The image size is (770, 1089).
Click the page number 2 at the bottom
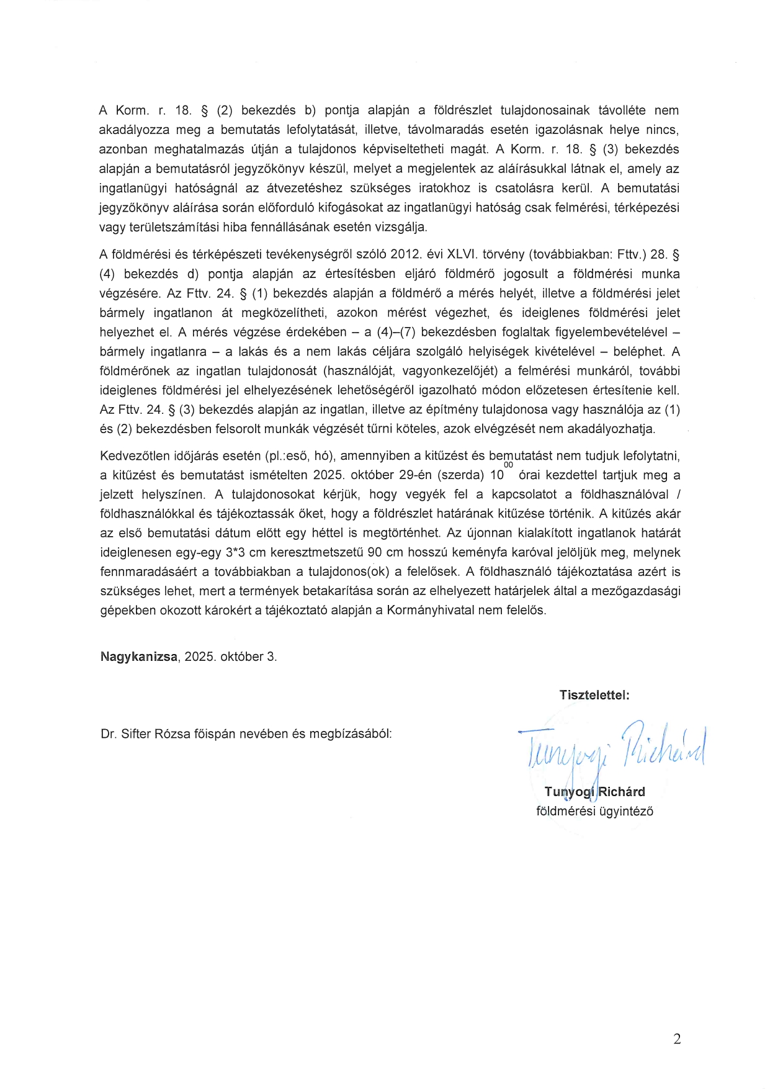676,1039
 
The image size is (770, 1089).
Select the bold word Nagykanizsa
138,657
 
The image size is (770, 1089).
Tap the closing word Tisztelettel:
594,695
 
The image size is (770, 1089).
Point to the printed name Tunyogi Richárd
594,792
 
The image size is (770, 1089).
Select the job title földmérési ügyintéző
594,811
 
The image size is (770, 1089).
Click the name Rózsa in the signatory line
172,734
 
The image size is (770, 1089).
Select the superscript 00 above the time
509,465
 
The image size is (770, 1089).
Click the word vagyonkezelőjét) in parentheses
449,371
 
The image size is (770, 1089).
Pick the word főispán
213,734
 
